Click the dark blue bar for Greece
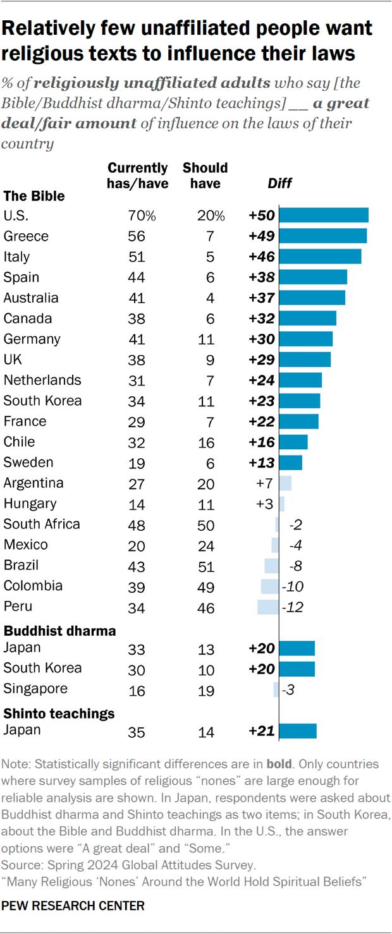[x=322, y=236]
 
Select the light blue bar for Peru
[x=267, y=607]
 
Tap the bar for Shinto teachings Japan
[x=297, y=731]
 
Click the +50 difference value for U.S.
[x=261, y=215]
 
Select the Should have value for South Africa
[x=205, y=525]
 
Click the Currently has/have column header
[x=137, y=176]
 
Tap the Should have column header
[x=205, y=176]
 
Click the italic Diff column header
[x=280, y=183]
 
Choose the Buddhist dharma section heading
[x=59, y=631]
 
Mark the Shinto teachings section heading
[x=59, y=713]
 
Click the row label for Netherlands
[x=42, y=380]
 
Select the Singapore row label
[x=35, y=688]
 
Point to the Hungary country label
[x=30, y=504]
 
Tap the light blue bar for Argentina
[x=285, y=483]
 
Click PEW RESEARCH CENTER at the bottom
[x=73, y=906]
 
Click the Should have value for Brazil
[x=205, y=566]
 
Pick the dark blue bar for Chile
[x=293, y=442]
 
